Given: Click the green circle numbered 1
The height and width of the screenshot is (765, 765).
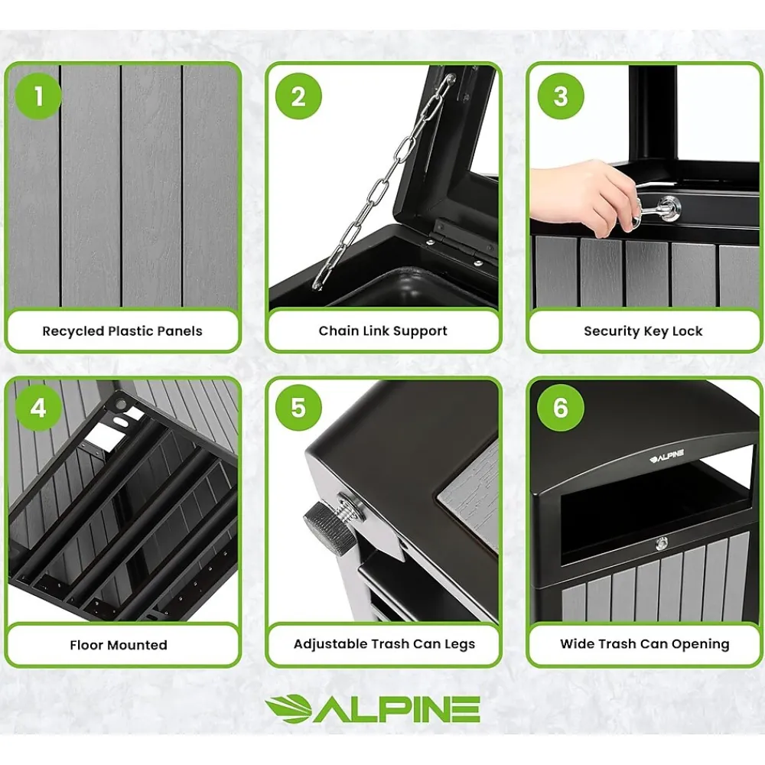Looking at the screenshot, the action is tap(38, 96).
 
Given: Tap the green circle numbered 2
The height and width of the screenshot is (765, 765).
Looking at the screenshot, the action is tap(298, 96).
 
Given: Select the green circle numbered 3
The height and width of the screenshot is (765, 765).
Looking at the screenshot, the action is tap(561, 96).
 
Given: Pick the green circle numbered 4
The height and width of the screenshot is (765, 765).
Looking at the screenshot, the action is tap(38, 408).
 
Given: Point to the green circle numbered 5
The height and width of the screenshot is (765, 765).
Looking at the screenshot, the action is tap(298, 408).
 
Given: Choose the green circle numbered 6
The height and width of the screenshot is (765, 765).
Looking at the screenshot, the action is tap(561, 408).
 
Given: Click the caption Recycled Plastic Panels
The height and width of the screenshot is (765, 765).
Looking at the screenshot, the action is tap(122, 331).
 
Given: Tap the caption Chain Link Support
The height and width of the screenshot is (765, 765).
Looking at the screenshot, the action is tap(383, 331).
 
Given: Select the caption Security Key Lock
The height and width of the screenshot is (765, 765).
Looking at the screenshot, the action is tap(643, 331).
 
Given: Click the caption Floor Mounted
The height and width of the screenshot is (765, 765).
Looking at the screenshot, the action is tap(119, 645).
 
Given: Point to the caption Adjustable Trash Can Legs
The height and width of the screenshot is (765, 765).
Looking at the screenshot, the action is tap(384, 644).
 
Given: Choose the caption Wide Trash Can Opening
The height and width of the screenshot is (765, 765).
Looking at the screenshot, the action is tap(644, 644).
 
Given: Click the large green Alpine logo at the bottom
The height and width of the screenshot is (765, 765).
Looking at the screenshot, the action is tap(373, 709).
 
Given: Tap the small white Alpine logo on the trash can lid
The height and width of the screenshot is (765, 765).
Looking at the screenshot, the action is tap(666, 457).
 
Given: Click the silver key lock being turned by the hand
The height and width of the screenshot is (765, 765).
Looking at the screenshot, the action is tap(666, 208).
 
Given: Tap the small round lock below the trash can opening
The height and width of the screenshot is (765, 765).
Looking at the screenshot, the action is tap(662, 543).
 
